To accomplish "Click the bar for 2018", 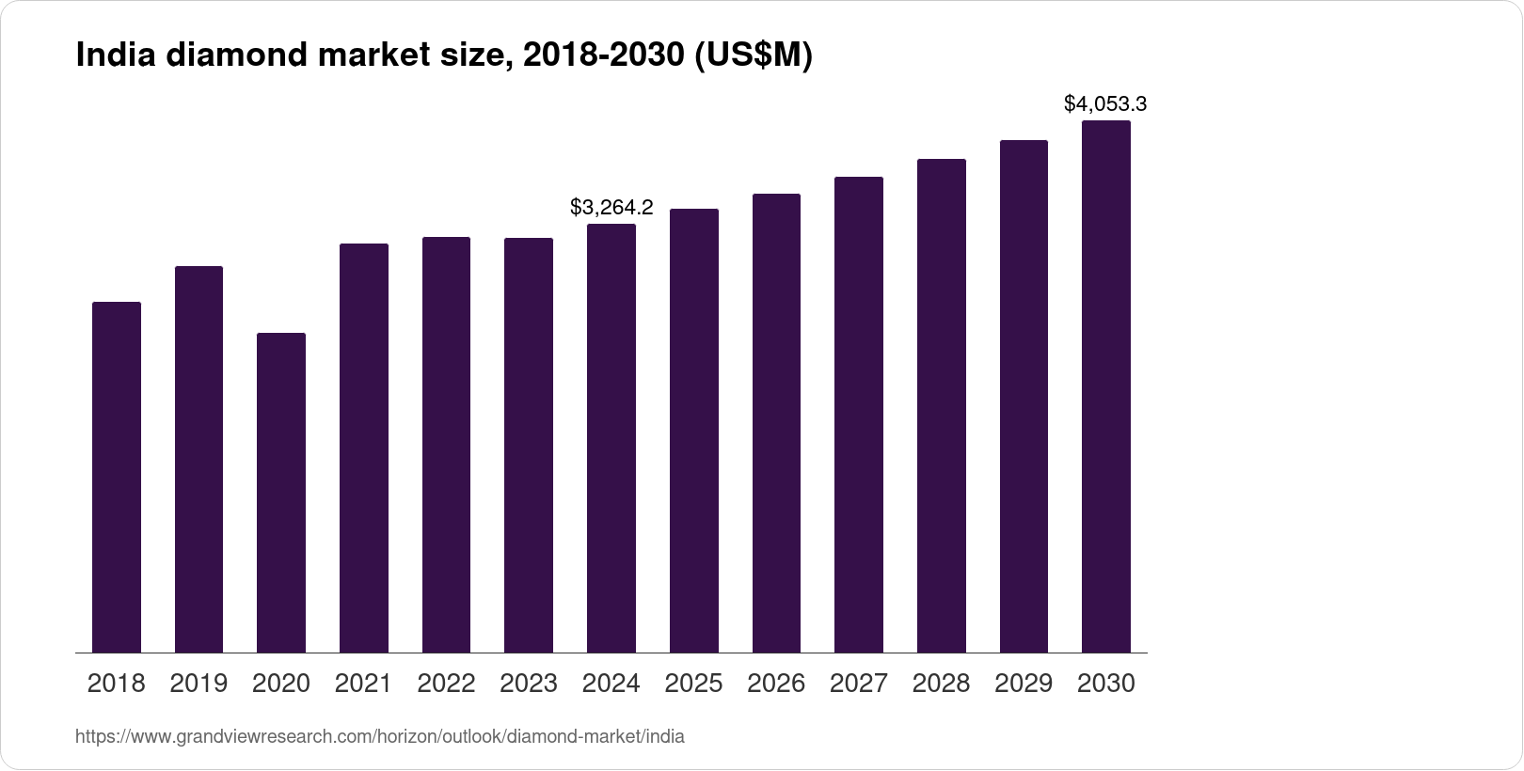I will point(117,478).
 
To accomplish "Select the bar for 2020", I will point(281,493).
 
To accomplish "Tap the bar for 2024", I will point(611,438).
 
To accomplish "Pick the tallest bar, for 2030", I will point(1106,386).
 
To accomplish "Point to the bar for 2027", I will point(858,415).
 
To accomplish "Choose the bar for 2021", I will point(363,448).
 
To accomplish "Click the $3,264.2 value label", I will point(611,207).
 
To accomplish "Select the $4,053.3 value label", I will point(1105,103).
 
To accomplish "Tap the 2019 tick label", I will point(198,684).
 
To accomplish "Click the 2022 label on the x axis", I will point(446,684).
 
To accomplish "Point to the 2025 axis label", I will point(693,684).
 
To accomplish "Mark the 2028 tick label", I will point(941,684).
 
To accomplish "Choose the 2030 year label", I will point(1106,684).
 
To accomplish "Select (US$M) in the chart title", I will point(753,56).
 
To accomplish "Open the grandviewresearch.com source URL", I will point(380,737).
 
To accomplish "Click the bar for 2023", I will point(529,446).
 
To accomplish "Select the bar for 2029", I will point(1024,397).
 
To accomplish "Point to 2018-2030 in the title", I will point(603,56).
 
